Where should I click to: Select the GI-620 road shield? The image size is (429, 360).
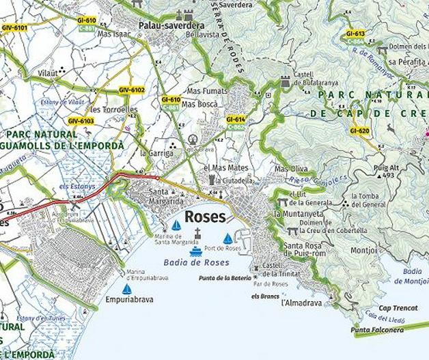359,130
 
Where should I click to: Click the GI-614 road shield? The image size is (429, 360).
236,120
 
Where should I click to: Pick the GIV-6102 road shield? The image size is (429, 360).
131,90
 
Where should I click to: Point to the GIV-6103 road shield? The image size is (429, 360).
81,121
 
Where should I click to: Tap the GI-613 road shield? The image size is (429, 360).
355,33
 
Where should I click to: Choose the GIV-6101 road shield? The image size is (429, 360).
14,27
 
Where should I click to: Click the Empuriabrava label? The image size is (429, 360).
130,299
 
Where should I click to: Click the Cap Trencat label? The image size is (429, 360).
398,308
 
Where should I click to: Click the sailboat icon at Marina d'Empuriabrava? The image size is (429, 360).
126,289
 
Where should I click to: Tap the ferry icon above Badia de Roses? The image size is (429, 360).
196,251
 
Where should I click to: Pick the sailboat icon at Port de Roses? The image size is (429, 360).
227,238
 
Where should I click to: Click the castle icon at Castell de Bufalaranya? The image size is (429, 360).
285,82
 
